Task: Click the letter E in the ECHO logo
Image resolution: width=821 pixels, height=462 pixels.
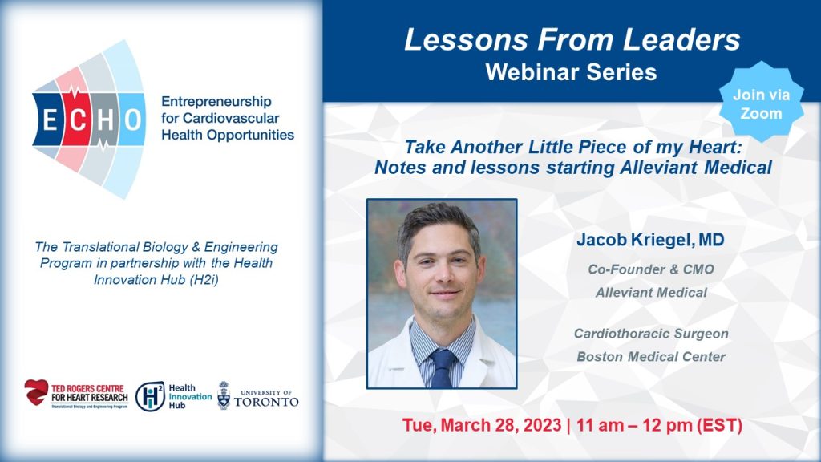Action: [50, 120]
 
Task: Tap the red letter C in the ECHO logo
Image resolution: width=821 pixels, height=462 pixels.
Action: [78, 120]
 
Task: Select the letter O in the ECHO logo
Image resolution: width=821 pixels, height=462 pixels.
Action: [132, 120]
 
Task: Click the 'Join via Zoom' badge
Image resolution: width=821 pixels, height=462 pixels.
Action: [761, 103]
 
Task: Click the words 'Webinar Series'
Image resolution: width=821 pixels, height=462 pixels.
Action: [571, 72]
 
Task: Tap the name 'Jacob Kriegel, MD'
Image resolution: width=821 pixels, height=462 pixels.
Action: [650, 240]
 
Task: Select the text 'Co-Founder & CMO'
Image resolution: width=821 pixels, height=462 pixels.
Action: [651, 269]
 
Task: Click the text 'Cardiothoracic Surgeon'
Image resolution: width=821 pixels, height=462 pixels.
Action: [651, 334]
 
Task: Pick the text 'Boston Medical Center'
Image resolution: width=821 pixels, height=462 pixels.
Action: [651, 357]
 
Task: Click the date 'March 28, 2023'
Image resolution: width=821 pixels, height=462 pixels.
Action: [501, 425]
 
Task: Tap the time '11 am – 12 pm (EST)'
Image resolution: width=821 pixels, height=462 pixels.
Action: [659, 425]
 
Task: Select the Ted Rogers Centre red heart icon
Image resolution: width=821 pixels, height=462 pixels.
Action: [36, 392]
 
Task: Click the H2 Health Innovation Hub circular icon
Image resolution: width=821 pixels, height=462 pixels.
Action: [150, 396]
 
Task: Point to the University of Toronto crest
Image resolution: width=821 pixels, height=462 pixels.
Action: [224, 395]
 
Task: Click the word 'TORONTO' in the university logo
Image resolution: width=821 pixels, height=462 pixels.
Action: [266, 402]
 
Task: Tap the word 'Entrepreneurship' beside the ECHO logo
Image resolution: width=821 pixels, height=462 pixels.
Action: [216, 102]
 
